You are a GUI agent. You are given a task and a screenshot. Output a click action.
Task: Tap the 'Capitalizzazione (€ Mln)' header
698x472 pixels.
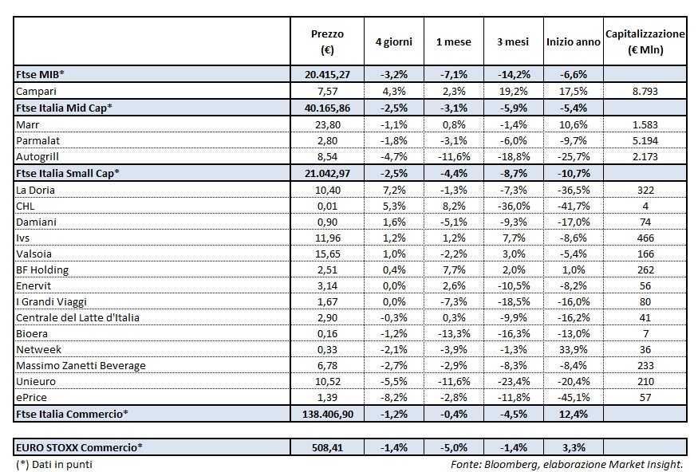(645, 41)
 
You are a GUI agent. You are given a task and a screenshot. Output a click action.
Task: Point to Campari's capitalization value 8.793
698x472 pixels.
(645, 91)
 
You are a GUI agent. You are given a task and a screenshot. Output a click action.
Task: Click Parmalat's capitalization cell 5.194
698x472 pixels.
(645, 140)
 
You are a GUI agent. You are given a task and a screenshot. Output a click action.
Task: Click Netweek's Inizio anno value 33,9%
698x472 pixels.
(574, 349)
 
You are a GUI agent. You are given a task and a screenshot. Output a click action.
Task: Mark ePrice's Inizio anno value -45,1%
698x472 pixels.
(574, 397)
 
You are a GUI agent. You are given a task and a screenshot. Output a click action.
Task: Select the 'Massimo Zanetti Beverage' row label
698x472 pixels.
(81, 365)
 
